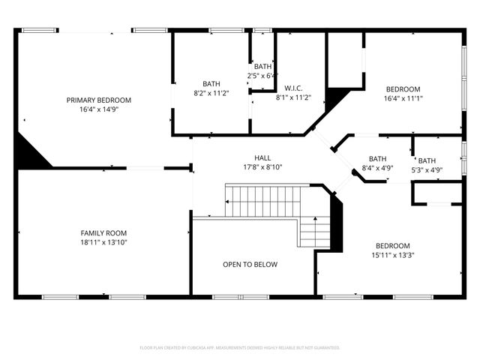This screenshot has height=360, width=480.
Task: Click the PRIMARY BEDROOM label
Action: click(x=98, y=100)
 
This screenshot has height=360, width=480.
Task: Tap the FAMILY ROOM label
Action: click(x=104, y=232)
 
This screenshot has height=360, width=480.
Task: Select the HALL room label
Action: click(x=262, y=157)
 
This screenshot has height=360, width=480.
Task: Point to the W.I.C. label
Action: click(x=293, y=88)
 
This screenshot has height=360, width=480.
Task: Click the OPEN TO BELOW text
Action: click(x=250, y=265)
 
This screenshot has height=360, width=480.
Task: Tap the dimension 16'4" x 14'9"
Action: click(x=98, y=109)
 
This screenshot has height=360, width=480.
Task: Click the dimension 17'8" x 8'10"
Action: click(x=262, y=166)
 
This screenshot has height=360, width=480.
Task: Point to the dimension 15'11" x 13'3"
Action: click(x=393, y=255)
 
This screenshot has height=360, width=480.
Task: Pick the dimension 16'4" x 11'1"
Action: click(x=403, y=97)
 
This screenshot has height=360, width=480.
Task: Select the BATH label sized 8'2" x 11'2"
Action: click(x=211, y=84)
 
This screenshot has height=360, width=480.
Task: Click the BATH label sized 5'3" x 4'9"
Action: click(x=427, y=160)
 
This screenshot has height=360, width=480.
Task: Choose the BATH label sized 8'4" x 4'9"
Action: click(x=377, y=158)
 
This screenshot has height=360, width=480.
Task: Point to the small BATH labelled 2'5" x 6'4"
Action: click(x=262, y=67)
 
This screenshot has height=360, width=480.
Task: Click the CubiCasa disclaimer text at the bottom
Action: click(x=240, y=347)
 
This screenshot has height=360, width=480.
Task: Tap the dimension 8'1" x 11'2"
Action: click(x=293, y=97)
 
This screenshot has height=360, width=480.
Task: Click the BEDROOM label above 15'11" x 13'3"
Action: click(x=393, y=246)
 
